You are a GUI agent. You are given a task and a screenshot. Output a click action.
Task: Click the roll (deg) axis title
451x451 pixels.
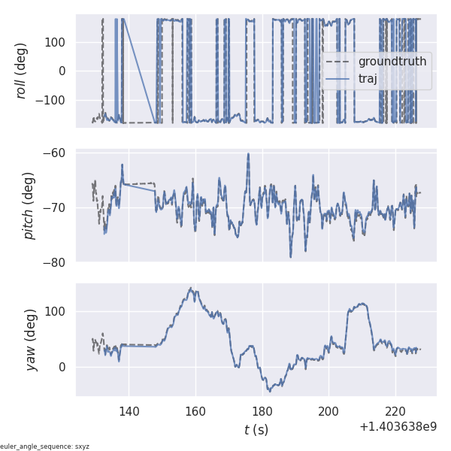coord(22,71)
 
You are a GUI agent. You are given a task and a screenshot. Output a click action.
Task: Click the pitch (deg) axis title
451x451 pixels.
coord(29,207)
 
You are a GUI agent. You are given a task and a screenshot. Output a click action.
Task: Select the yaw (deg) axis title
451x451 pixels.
coord(29,340)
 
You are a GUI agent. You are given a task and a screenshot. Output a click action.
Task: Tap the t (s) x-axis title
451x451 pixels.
coord(256,430)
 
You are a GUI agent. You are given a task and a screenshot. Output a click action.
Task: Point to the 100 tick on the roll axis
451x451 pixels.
coord(56,41)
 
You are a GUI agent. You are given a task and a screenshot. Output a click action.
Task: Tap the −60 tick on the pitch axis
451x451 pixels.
coord(56,153)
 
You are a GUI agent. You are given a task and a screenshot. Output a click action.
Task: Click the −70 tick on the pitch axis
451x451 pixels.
coord(56,207)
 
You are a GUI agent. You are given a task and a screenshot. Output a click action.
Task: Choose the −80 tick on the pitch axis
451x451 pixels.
coord(56,262)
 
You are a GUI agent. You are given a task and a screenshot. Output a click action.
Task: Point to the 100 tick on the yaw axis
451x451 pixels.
coord(56,311)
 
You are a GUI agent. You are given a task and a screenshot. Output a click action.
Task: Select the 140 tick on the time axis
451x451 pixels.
coord(129,411)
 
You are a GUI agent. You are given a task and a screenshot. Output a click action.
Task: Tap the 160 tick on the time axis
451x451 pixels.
coord(195,411)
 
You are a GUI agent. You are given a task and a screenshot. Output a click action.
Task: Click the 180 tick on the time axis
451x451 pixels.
coord(262,411)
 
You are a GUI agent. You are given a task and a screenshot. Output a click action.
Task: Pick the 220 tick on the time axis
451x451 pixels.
coord(395,411)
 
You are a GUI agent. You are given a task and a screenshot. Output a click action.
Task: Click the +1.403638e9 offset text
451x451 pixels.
coord(398,427)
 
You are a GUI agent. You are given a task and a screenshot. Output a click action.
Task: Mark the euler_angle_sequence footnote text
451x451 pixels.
coord(45,446)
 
